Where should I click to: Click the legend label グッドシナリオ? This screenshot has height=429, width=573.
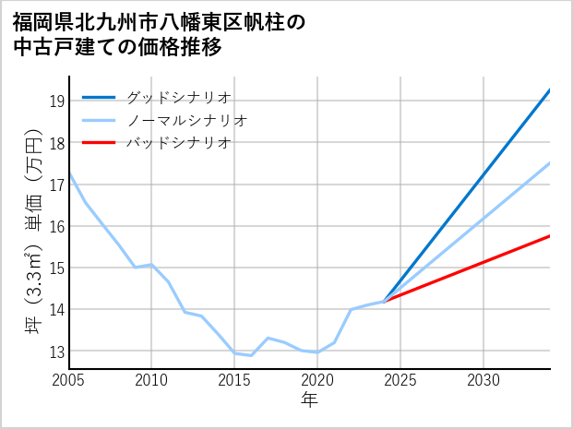[178, 97]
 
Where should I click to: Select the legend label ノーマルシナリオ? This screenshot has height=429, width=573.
[186, 120]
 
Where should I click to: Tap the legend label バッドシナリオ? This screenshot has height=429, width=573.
[178, 143]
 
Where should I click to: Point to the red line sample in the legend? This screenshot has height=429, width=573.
[99, 143]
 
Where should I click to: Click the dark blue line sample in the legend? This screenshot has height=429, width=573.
[99, 97]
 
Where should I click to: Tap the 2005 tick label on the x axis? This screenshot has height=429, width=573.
[68, 380]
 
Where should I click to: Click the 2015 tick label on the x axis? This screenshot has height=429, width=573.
[234, 380]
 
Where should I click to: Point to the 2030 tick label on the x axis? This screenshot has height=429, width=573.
[483, 380]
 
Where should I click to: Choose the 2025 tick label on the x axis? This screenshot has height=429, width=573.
[400, 380]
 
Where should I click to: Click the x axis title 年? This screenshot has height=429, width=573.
[309, 399]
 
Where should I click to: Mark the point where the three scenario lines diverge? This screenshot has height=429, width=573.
[384, 301]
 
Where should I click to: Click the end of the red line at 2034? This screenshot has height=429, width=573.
[550, 236]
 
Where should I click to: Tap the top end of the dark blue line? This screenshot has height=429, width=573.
[550, 89]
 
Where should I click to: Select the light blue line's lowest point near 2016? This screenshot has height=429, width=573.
[251, 355]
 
